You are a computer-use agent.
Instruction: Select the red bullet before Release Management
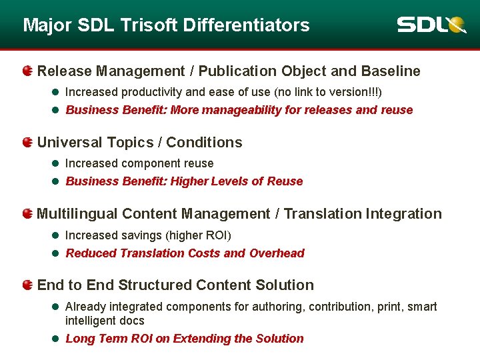pos(27,71)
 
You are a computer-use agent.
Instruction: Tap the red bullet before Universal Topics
pos(27,142)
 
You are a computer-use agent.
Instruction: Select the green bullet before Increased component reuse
pos(56,163)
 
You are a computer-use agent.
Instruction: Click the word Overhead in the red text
pos(277,253)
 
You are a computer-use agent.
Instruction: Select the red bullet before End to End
pos(27,285)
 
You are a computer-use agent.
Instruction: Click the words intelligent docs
pos(105,321)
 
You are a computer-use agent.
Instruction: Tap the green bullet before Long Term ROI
pos(56,339)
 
